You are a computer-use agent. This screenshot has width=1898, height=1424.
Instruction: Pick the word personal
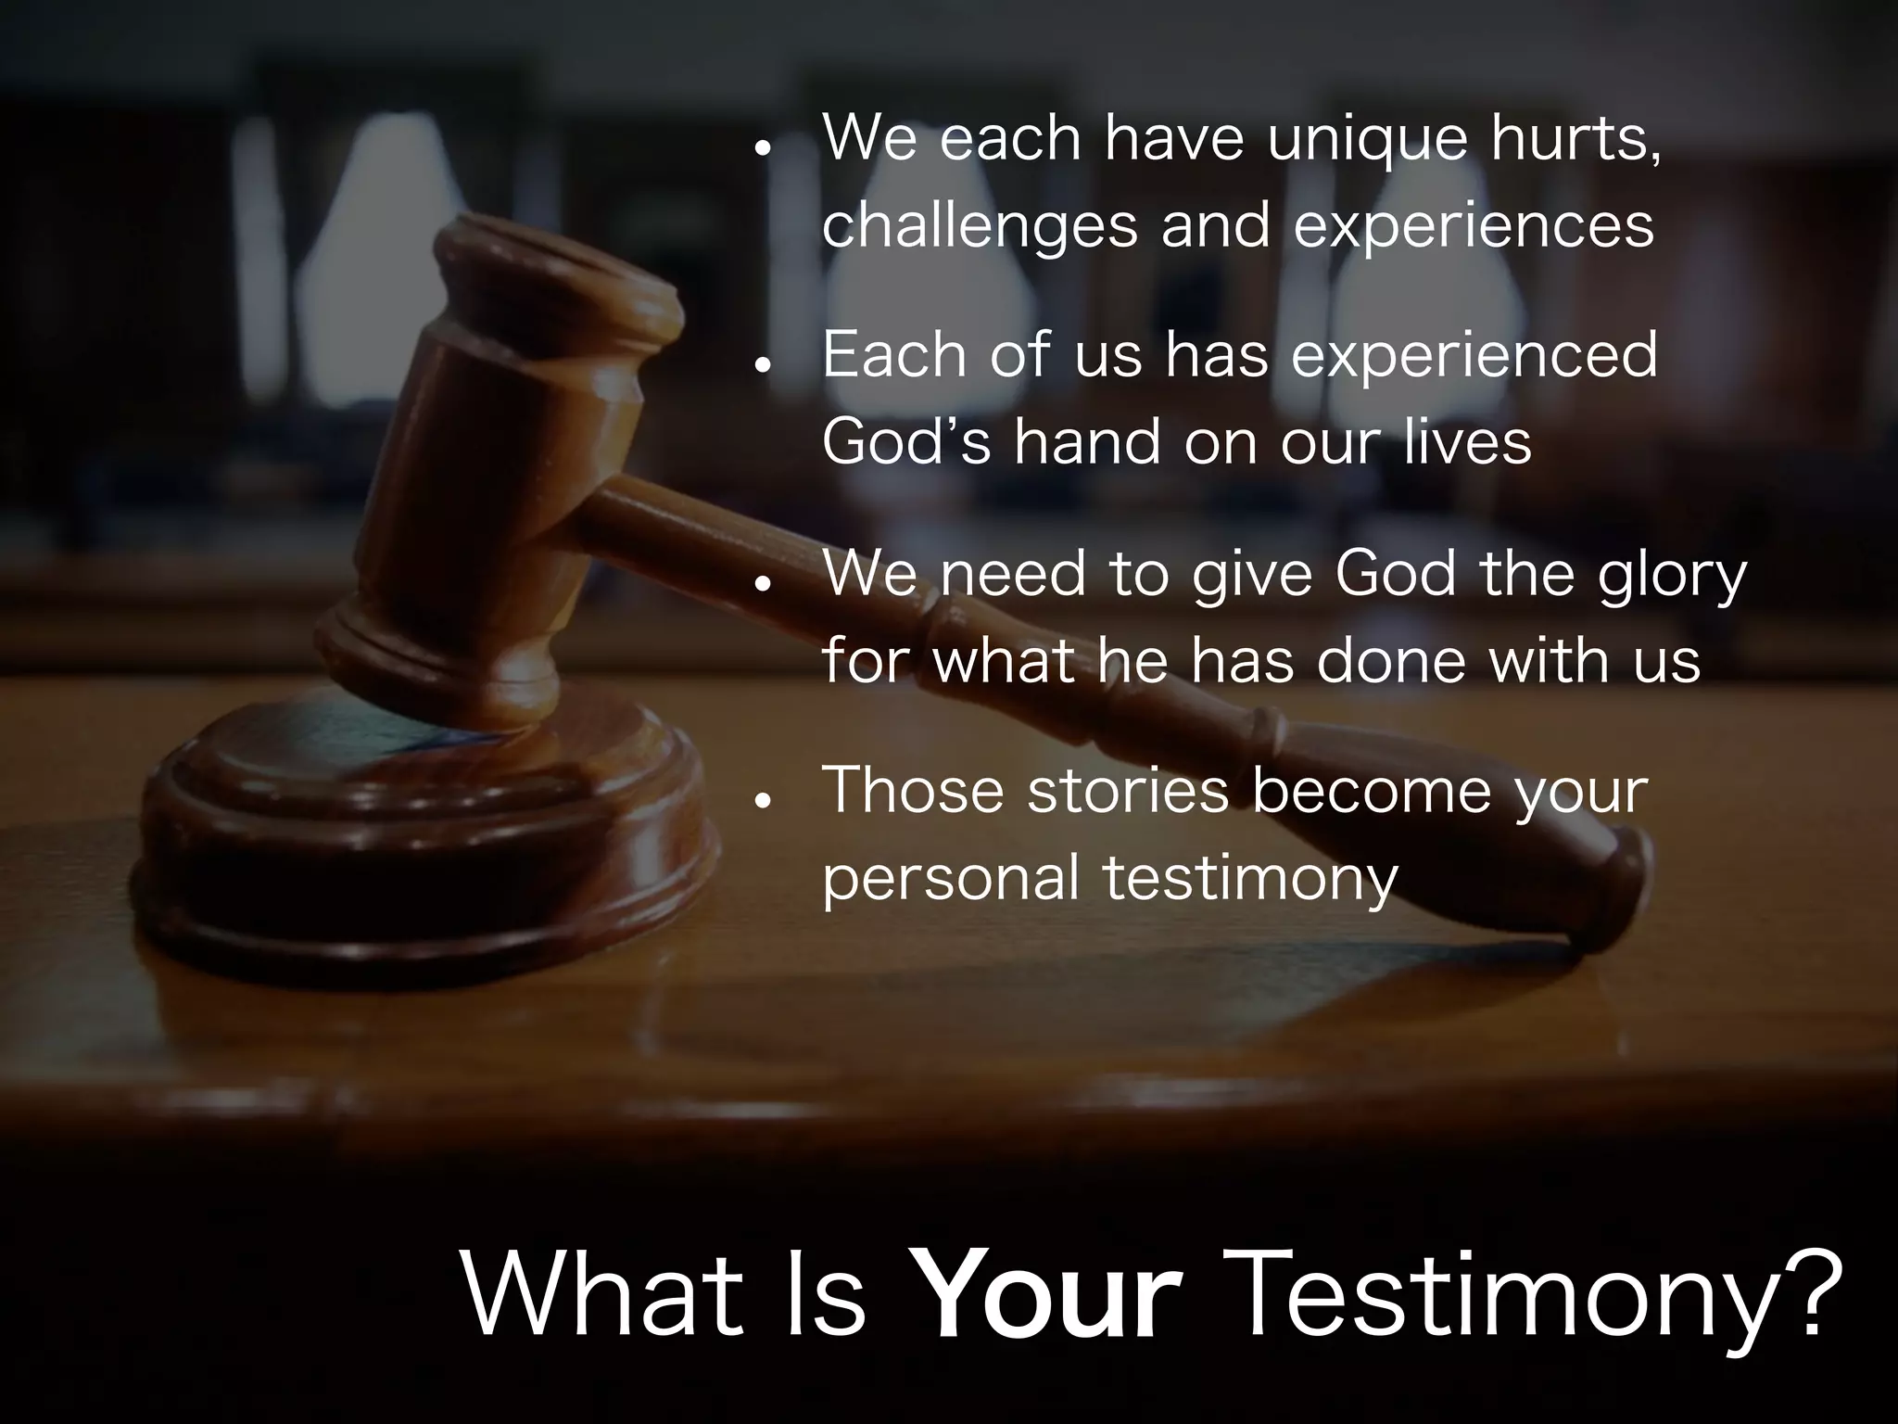pos(951,879)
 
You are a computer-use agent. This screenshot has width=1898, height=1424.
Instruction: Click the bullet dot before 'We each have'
pos(763,149)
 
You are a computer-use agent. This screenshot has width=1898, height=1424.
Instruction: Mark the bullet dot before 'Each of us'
pos(763,365)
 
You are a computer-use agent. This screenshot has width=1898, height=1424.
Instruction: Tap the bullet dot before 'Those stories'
pos(763,799)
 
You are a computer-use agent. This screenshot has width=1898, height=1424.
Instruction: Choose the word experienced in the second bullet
pos(1474,356)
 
